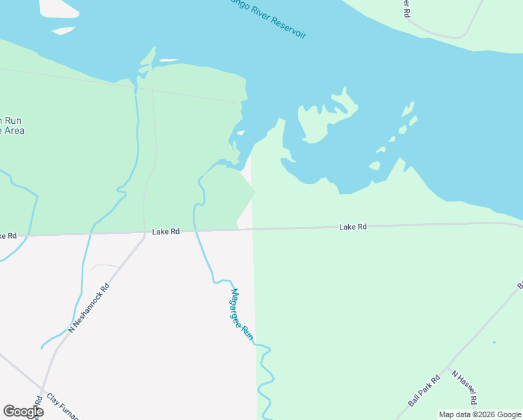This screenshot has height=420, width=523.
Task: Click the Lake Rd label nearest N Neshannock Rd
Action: [166, 231]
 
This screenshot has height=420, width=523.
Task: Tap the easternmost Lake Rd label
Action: [353, 227]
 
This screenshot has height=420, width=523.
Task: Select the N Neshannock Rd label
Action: [89, 307]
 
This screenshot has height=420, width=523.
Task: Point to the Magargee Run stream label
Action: [241, 314]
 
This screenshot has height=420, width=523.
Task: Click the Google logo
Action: [23, 412]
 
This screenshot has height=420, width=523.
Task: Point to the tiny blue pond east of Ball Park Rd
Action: [494, 342]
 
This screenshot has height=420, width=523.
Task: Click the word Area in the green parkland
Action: [13, 130]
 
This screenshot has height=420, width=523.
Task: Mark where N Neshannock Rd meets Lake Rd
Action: [144, 232]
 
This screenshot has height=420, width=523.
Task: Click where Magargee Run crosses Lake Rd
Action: [195, 230]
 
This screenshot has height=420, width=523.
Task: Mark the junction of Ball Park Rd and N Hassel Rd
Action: [447, 367]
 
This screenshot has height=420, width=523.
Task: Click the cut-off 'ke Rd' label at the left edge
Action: [8, 236]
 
